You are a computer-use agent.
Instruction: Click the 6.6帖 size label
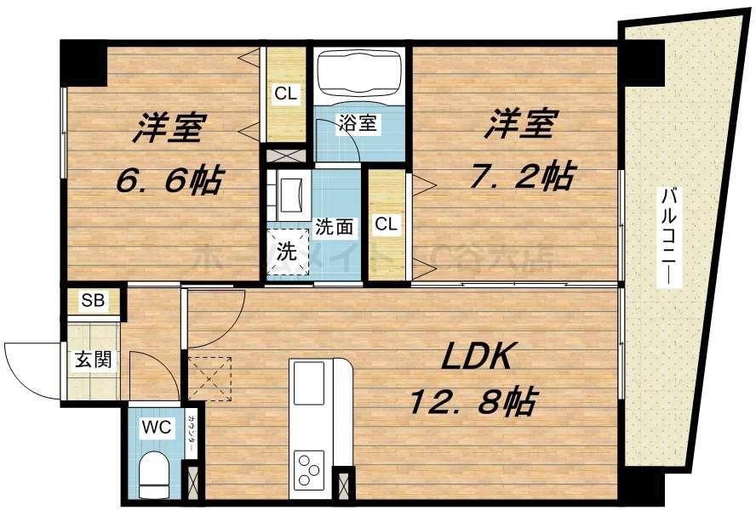(x=169, y=179)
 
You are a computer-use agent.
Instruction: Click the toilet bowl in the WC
(x=154, y=473)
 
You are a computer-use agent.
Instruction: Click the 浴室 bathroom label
(x=357, y=122)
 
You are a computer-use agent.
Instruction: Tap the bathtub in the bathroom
(x=358, y=75)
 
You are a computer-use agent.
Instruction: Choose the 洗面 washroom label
(x=334, y=228)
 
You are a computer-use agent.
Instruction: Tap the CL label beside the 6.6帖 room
(x=286, y=94)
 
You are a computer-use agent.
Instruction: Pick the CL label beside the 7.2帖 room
(x=387, y=224)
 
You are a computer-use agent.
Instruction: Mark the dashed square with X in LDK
(x=209, y=377)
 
